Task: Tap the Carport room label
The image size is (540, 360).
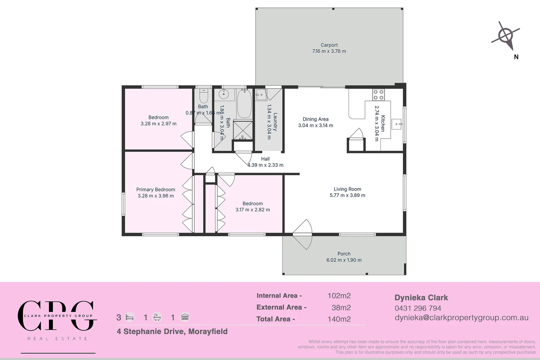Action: [329, 45]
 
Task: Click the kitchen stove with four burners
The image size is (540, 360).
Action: [378, 95]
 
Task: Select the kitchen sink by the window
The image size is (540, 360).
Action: [397, 124]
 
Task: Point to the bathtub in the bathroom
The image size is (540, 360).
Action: [244, 103]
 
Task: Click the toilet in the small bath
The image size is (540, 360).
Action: [203, 96]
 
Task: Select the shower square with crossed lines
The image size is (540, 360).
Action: [243, 130]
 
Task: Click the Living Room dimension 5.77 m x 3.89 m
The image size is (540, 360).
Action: [347, 195]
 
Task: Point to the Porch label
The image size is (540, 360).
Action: [344, 254]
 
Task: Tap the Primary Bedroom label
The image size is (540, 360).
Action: [156, 189]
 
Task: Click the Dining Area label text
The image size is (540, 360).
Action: [315, 119]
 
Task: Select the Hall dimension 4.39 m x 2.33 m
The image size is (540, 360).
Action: [265, 165]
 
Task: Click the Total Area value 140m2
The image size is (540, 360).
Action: [339, 319]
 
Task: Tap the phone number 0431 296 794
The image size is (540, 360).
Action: [418, 308]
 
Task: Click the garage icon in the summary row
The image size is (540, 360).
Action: [185, 317]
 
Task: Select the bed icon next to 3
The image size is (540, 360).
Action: [130, 317]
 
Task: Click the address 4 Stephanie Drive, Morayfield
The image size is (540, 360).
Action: [172, 331]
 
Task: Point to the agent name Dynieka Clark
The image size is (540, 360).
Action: [421, 298]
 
